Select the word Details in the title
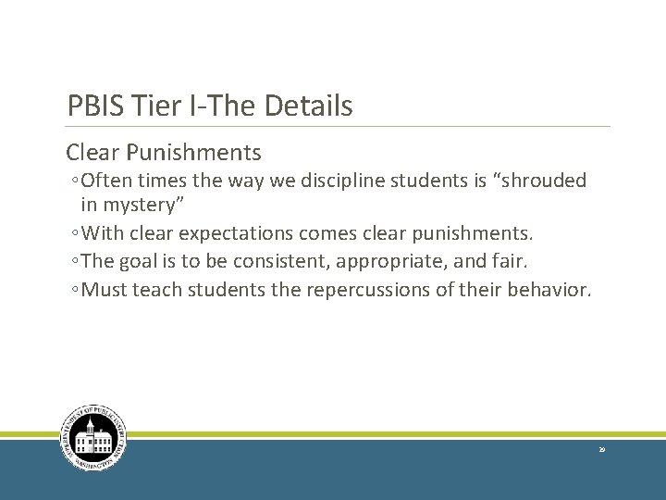coord(309,106)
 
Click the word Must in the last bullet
coord(105,291)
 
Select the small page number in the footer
coord(601,449)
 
